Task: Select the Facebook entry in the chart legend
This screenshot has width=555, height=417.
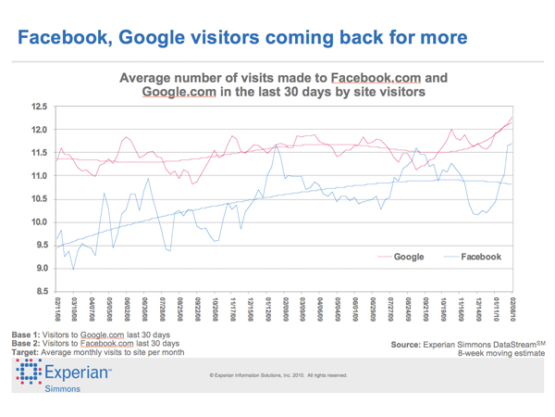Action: [480, 257]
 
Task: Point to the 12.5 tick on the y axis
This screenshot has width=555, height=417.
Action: [37, 107]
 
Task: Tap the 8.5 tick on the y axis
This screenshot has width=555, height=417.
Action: [37, 291]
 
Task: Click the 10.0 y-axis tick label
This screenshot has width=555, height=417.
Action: [37, 221]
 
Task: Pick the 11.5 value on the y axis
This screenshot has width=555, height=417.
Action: [37, 153]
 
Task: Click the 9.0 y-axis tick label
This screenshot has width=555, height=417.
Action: [37, 268]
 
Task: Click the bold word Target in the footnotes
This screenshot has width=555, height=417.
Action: [29, 352]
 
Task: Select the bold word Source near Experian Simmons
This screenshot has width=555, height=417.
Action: [413, 344]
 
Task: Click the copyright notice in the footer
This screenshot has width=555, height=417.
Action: [278, 375]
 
